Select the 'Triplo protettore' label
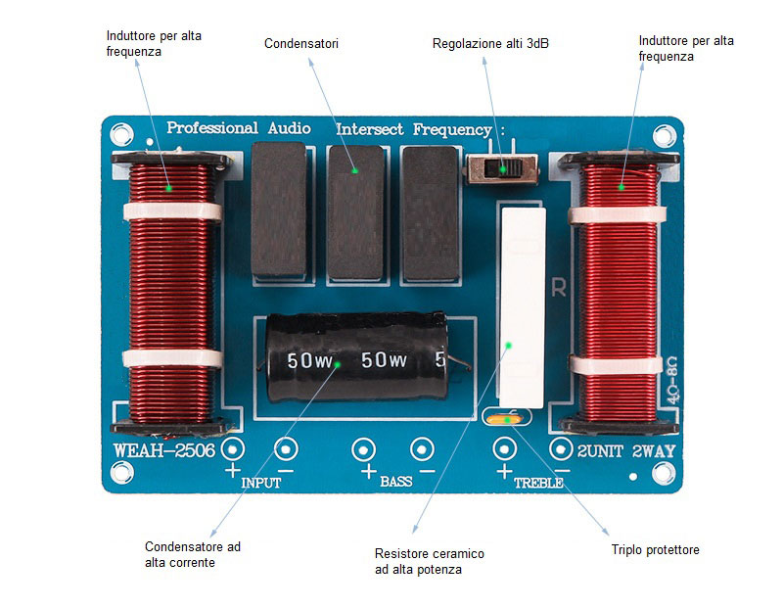[655, 550]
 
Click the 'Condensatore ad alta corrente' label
[192, 554]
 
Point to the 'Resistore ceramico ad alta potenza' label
[429, 561]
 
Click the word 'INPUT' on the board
[259, 483]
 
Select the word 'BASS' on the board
[395, 483]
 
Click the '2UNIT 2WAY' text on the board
[626, 450]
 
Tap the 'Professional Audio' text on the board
[239, 128]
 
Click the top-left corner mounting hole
[120, 132]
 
